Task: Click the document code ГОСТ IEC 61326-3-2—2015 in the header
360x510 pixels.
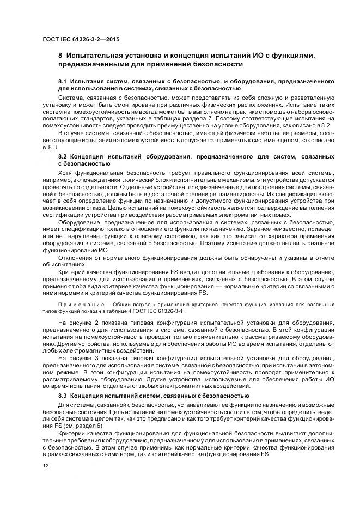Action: [x=81, y=39]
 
